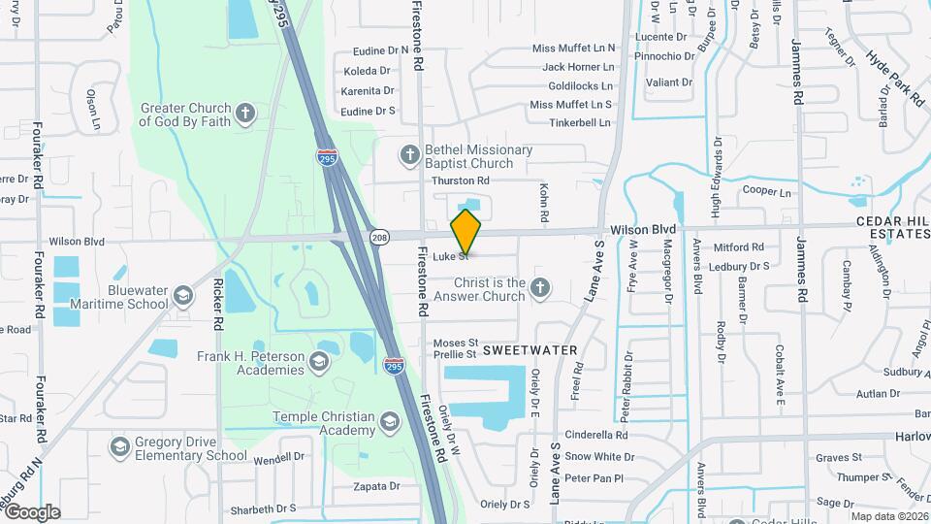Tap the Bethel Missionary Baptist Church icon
409,154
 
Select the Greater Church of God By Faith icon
246,113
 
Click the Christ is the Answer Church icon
540,287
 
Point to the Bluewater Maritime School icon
183,295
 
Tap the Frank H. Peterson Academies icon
319,362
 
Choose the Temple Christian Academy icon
389,422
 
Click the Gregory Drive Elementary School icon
120,446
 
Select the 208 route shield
379,236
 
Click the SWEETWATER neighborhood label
530,349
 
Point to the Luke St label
451,256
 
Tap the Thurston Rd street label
460,180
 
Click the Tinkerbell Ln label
580,123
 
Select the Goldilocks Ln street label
579,85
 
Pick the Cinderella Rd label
595,435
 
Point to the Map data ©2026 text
888,516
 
